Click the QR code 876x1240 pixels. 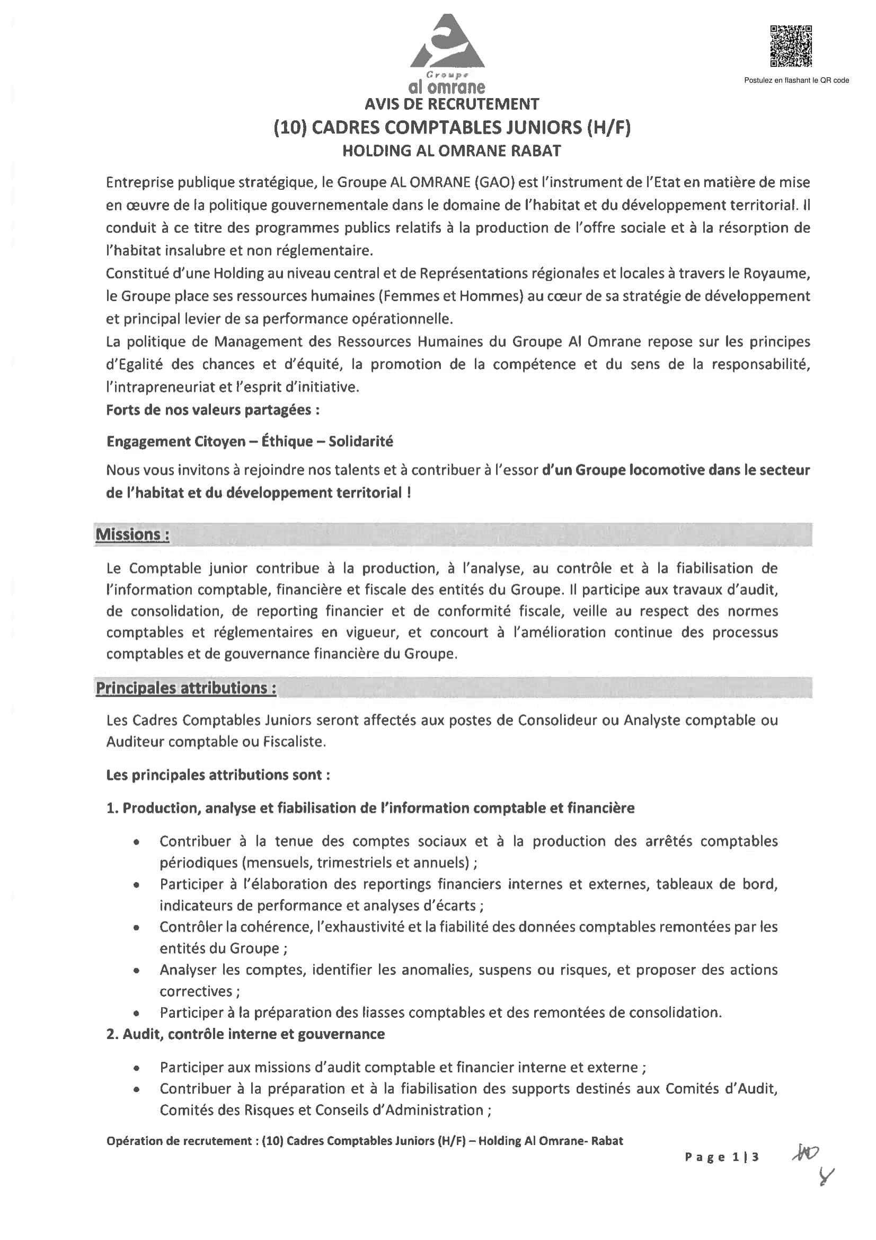coord(791,47)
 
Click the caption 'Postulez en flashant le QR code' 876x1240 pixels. coord(796,81)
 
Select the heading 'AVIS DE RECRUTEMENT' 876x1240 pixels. coord(452,104)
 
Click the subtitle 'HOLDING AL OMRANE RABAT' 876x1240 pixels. coord(452,151)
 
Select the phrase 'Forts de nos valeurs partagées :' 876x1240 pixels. coord(213,410)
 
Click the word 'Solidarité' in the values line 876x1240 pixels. coord(360,442)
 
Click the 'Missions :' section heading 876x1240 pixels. coord(132,535)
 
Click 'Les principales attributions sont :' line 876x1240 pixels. coord(218,775)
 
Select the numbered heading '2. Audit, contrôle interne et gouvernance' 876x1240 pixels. coord(245,1034)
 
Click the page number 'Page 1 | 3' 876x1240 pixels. coord(722,1157)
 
